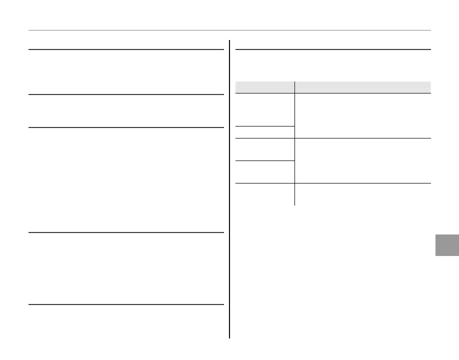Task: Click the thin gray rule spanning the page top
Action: (229, 31)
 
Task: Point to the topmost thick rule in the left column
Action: (126, 49)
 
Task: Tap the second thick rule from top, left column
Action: (126, 94)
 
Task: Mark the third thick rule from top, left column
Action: (126, 127)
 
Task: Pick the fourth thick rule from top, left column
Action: (126, 232)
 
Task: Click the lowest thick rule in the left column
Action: (126, 304)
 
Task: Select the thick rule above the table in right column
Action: (332, 49)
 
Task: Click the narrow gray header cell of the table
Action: (264, 86)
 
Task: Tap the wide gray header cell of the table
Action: (362, 86)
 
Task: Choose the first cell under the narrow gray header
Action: (264, 109)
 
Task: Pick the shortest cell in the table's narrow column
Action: (264, 132)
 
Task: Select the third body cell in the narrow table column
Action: (264, 149)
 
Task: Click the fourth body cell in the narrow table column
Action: (264, 171)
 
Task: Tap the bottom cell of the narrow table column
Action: (264, 194)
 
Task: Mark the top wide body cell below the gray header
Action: (362, 115)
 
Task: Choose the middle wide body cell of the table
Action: (362, 160)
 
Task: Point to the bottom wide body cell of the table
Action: (362, 194)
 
